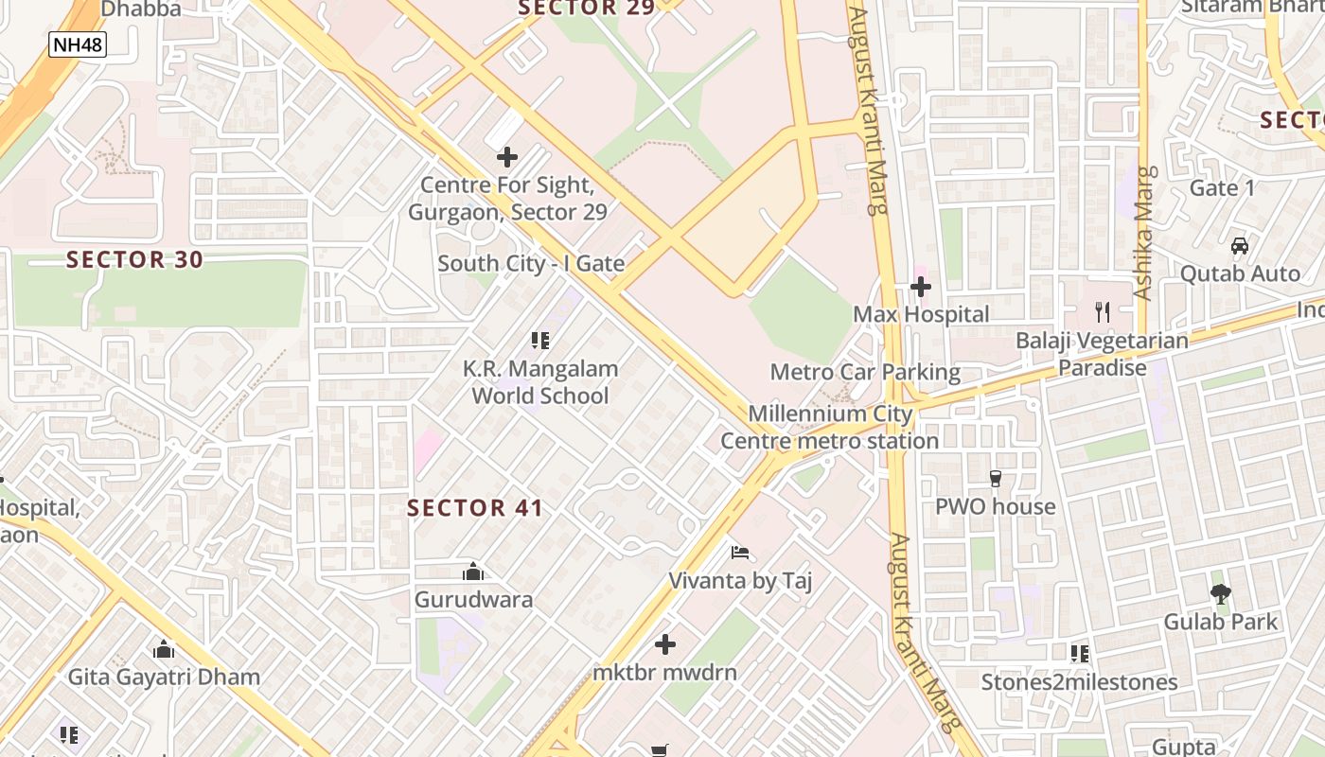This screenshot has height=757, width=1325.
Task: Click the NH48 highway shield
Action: coord(78,44)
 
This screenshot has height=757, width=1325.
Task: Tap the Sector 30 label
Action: coord(134,259)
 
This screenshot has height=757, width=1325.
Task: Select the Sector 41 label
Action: coord(475,508)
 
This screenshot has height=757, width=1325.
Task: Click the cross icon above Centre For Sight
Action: coord(507,157)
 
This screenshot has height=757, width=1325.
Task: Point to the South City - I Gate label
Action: coord(531,264)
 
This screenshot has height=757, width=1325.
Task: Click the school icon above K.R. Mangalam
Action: coord(540,340)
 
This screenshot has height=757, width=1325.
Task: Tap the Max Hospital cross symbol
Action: coord(921,286)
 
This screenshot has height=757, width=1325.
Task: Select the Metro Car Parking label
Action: coord(865,372)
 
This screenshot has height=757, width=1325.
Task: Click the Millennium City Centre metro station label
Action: coord(830,428)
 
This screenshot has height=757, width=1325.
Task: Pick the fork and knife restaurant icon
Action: coord(1102,311)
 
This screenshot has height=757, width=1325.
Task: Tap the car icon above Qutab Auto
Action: coord(1239,246)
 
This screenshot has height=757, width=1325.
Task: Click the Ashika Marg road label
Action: coord(1145,233)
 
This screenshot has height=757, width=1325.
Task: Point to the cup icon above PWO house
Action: coord(995,479)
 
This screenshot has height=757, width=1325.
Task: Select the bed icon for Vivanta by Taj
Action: coord(740,553)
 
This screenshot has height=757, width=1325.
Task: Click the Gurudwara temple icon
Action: coord(473,572)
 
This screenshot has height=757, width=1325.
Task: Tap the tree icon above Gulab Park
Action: coord(1220,594)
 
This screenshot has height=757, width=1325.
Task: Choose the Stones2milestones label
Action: coord(1079,682)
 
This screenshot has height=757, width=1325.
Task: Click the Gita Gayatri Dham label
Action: coord(164,678)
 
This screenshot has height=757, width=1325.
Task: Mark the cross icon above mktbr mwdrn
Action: coord(665,644)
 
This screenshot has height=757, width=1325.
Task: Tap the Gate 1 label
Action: coord(1222,188)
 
